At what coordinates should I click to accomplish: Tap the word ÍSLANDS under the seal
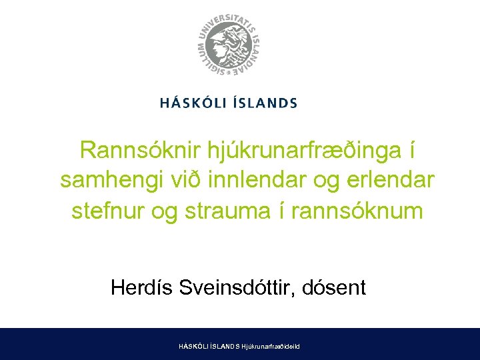tap(266, 103)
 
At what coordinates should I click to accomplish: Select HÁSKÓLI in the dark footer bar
tap(193, 347)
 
